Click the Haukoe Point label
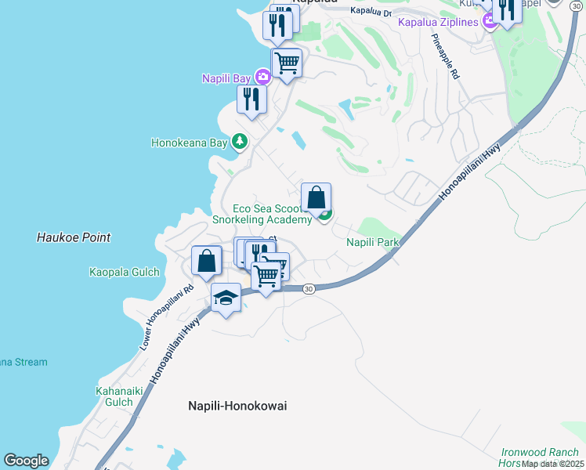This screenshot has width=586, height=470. point(74,237)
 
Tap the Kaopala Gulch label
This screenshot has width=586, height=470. point(125,273)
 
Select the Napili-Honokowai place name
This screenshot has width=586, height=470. point(237,406)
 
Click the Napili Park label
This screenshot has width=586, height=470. point(373,243)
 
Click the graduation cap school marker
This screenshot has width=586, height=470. point(226,298)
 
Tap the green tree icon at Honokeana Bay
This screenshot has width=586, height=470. point(240,143)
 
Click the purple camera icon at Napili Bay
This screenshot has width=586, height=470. point(262,78)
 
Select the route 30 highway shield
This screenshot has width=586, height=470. point(309,289)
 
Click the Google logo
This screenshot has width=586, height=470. point(26,461)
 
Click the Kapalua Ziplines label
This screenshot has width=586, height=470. point(438,22)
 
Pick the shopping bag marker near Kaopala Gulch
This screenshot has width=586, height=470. point(206,261)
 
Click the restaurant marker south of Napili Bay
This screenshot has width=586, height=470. point(251,99)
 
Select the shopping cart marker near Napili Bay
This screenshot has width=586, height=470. point(287,63)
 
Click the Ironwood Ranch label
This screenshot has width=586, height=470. point(541,452)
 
